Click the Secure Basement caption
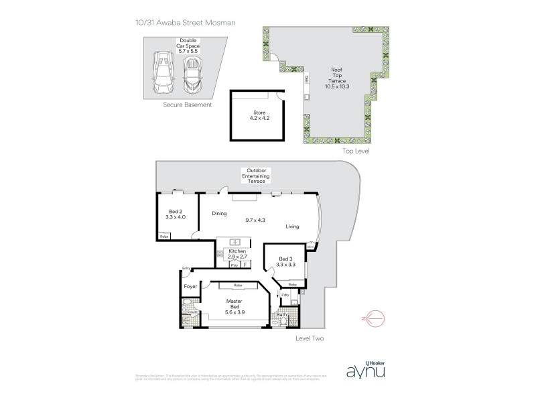pyautogui.click(x=188, y=105)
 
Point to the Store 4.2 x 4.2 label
pyautogui.click(x=254, y=115)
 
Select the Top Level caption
pyautogui.click(x=356, y=151)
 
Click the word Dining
pyautogui.click(x=220, y=214)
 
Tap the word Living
pyautogui.click(x=292, y=226)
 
